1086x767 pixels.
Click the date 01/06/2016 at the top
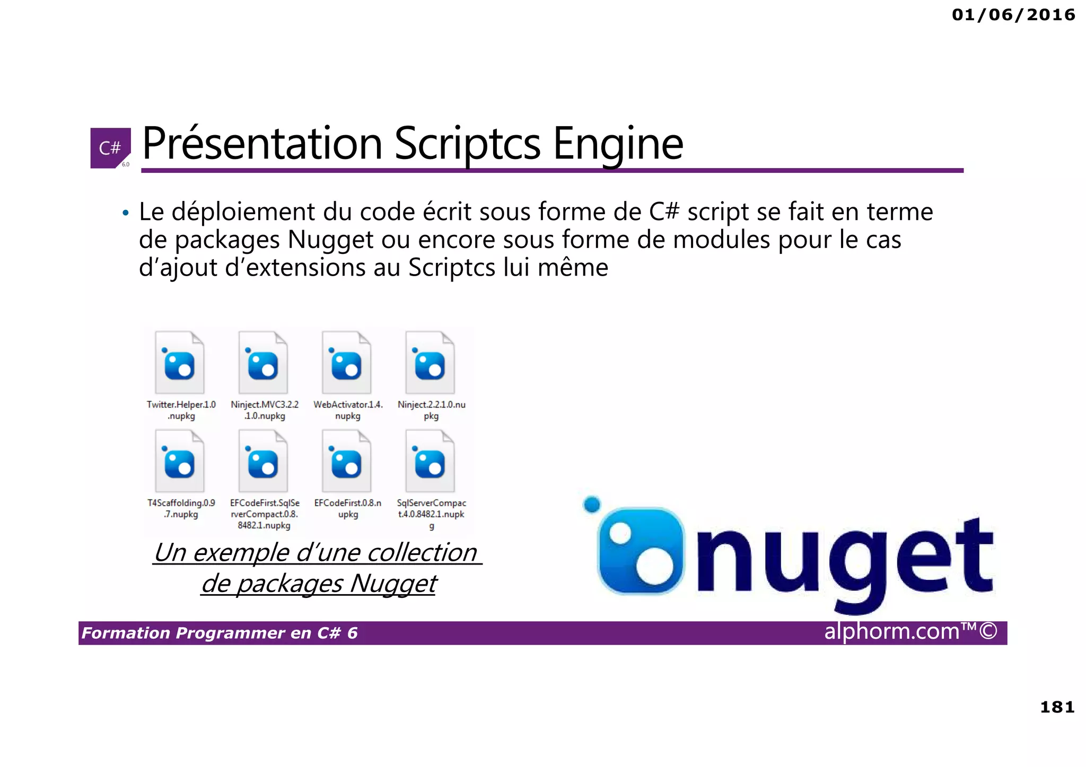click(x=1013, y=15)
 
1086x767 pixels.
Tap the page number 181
click(x=1057, y=707)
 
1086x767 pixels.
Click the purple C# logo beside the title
click(x=110, y=148)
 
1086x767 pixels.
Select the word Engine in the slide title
click(x=618, y=144)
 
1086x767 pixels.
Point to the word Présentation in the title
click(x=262, y=144)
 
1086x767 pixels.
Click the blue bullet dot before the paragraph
click(x=125, y=213)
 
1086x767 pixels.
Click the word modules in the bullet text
click(x=722, y=240)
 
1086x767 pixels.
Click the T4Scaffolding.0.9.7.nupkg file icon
click(x=180, y=461)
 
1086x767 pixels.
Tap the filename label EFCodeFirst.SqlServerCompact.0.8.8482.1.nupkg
click(x=264, y=514)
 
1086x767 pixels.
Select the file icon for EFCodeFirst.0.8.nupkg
click(x=346, y=461)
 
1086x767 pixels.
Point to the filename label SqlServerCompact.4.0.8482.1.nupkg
click(x=431, y=514)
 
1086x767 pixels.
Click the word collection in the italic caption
click(x=422, y=553)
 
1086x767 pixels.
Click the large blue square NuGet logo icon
click(x=639, y=551)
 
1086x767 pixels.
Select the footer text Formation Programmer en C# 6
click(x=220, y=633)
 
